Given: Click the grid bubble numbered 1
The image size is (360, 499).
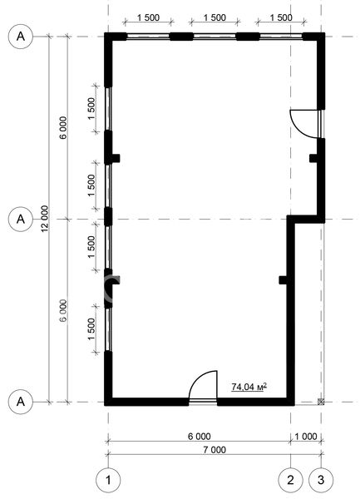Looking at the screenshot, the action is coord(108,480).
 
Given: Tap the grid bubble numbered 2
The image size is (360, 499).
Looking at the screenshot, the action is coord(291,480).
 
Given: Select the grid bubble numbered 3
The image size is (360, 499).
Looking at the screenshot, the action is coord(321,480).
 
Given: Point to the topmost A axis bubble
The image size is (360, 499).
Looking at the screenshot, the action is coord(21,37).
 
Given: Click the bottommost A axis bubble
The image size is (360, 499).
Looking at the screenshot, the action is coord(21,402).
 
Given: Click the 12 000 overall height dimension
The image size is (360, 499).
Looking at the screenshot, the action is coord(45,219).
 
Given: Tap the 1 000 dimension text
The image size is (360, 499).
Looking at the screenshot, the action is coord(306,436).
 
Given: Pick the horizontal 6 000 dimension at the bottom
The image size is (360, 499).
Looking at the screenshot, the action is coord(199,436).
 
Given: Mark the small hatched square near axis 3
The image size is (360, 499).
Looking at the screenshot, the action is coord(321,402).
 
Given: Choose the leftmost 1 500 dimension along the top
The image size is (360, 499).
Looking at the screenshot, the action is coord(148,17).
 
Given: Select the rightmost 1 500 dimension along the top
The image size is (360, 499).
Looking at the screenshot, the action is coord(281,17).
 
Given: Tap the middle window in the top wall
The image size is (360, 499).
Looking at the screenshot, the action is coord(215,37).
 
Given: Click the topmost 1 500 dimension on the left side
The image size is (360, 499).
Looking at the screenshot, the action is coord(91,108).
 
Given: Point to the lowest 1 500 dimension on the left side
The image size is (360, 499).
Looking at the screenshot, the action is coord(91,329).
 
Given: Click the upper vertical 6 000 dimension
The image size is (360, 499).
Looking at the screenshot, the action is coord(63,127).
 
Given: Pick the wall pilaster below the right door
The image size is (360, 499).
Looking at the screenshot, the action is coord(314,158).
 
